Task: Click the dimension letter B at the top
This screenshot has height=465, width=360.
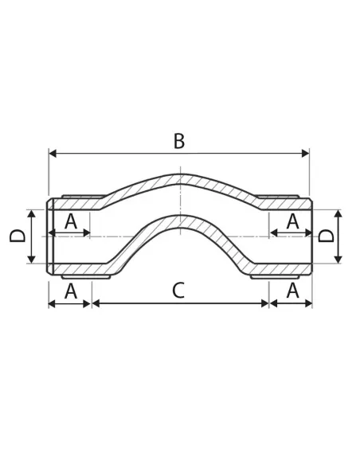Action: click(179, 141)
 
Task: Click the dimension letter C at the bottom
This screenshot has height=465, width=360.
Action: click(178, 291)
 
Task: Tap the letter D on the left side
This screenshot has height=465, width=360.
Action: click(18, 236)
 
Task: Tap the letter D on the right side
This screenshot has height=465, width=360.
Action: click(326, 236)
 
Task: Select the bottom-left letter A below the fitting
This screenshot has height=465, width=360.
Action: click(71, 291)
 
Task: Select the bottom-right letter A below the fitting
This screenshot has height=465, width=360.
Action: click(292, 291)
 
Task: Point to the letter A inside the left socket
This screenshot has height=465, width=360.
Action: click(71, 221)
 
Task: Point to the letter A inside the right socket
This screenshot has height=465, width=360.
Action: click(292, 221)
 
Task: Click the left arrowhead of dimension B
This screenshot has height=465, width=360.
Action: click(53, 154)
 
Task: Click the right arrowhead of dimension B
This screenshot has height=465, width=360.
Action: click(305, 154)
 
